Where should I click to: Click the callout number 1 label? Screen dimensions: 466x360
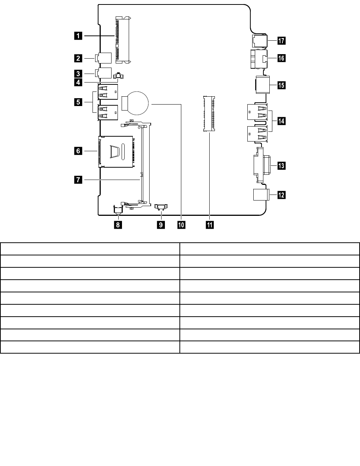[78, 36]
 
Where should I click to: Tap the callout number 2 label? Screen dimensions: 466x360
[78, 58]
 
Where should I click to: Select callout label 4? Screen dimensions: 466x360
[78, 82]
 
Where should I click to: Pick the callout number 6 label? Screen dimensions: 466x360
[78, 151]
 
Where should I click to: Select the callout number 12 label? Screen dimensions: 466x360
[281, 195]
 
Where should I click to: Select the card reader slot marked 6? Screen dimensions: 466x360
[116, 152]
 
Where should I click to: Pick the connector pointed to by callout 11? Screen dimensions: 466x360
[209, 114]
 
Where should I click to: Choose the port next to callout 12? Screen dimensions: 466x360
[260, 195]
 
